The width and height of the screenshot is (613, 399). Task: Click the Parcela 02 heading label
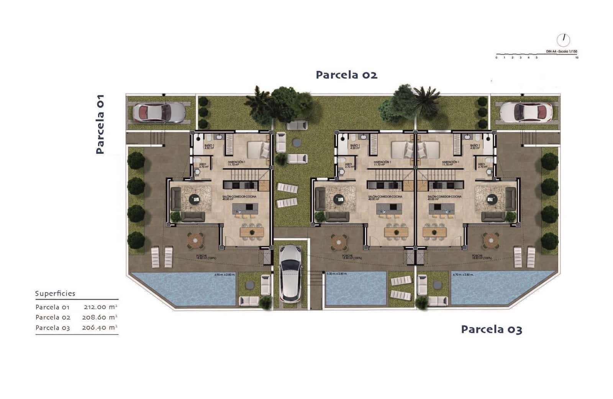pyautogui.click(x=346, y=75)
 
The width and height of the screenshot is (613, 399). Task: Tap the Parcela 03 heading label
pyautogui.click(x=491, y=329)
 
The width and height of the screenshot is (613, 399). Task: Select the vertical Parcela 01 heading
pyautogui.click(x=100, y=124)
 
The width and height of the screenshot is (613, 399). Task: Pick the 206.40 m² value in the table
pyautogui.click(x=99, y=328)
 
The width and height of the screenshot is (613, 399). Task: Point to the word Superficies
pyautogui.click(x=55, y=293)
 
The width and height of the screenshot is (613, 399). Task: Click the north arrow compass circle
pyautogui.click(x=563, y=40)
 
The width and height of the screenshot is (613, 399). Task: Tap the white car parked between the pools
pyautogui.click(x=290, y=273)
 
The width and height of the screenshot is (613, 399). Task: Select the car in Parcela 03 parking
pyautogui.click(x=526, y=112)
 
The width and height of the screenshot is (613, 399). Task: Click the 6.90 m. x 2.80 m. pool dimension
pyautogui.click(x=225, y=275)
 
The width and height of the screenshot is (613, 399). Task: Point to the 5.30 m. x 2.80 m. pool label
pyautogui.click(x=337, y=274)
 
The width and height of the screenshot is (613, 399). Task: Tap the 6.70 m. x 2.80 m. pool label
pyautogui.click(x=463, y=275)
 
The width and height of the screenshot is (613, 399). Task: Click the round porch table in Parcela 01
pyautogui.click(x=195, y=241)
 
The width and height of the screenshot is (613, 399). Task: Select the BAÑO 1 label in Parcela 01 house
pyautogui.click(x=209, y=146)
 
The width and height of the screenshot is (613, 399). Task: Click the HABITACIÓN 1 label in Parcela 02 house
pyautogui.click(x=382, y=163)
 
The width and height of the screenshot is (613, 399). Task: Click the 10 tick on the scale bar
pyautogui.click(x=577, y=58)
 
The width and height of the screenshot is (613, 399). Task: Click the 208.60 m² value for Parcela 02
pyautogui.click(x=99, y=317)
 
